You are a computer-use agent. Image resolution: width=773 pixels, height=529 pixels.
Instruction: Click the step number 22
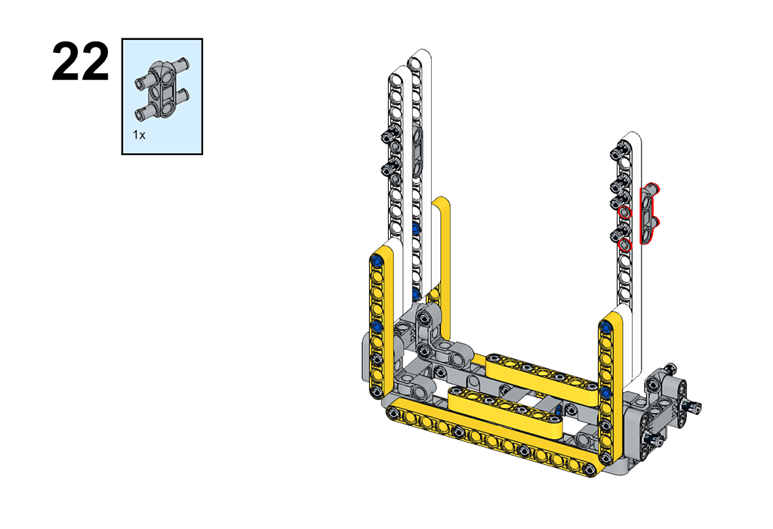coord(80,62)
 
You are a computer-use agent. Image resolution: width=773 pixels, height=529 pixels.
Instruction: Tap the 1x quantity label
coord(139,135)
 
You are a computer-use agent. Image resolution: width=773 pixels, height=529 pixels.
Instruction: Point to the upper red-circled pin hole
coord(625,212)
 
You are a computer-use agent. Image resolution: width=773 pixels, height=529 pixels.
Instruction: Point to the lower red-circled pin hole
coord(625,245)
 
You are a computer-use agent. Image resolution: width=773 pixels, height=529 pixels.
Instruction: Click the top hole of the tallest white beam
coord(416,63)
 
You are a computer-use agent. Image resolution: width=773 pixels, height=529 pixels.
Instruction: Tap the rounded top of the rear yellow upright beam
coord(441,203)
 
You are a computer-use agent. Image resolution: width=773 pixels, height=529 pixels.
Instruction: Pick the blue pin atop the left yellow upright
coord(377,260)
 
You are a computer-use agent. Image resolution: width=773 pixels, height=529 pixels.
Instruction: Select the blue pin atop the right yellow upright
coord(605,326)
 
